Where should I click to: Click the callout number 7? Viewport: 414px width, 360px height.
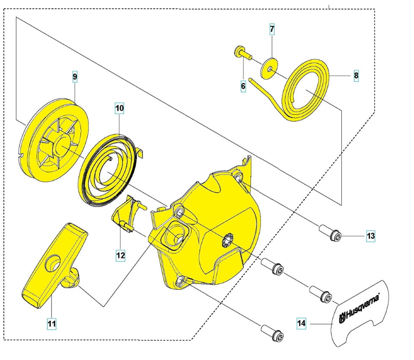[272, 30]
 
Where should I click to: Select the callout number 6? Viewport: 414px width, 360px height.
[243, 86]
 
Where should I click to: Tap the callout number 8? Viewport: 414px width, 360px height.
[356, 76]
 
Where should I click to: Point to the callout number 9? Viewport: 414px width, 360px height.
[75, 76]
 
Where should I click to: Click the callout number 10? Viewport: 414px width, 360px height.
[120, 108]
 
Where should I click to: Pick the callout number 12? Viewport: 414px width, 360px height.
[120, 255]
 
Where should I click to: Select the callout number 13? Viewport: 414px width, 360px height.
[370, 236]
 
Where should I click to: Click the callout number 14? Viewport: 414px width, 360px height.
[301, 324]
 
